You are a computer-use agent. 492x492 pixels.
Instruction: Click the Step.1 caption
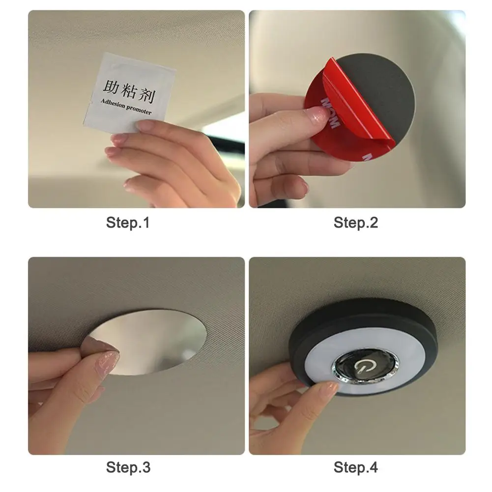coord(128,223)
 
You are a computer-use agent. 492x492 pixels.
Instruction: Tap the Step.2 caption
coord(356,223)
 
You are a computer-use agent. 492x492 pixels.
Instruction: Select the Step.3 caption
coord(128,467)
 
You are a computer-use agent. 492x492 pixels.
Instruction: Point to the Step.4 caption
coord(356,467)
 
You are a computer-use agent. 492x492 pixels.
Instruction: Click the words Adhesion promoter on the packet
coord(126,107)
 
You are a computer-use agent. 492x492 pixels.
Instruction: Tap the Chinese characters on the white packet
coord(129,91)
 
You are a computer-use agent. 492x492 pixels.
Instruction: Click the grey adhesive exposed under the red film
coord(386,88)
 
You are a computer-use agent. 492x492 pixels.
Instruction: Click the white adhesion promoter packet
coord(129,92)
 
